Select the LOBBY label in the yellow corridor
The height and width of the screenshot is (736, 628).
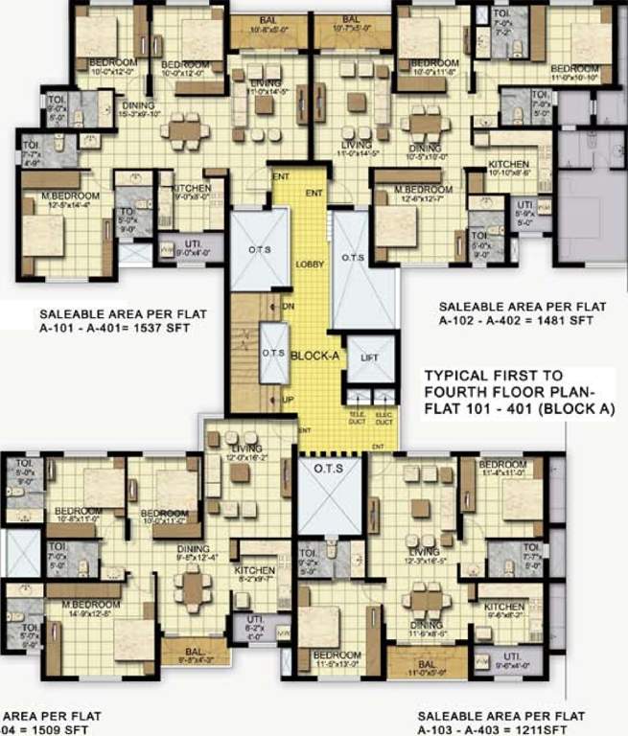pos(309,264)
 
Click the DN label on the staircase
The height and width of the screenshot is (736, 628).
pos(288,306)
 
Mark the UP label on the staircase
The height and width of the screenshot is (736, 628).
pos(287,399)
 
